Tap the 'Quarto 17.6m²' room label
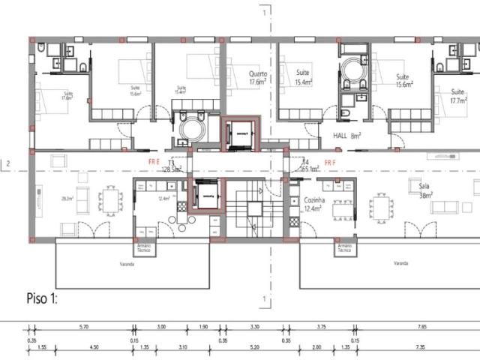(x=257, y=78)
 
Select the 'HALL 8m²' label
(x=346, y=136)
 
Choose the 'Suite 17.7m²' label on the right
(x=458, y=95)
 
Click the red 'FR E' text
(x=154, y=161)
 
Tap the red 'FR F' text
(x=330, y=161)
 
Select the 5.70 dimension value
(x=84, y=327)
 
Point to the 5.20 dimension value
(x=253, y=348)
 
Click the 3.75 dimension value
(x=321, y=327)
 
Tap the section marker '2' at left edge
(x=7, y=163)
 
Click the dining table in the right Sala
(x=382, y=205)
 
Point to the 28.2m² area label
(x=67, y=198)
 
